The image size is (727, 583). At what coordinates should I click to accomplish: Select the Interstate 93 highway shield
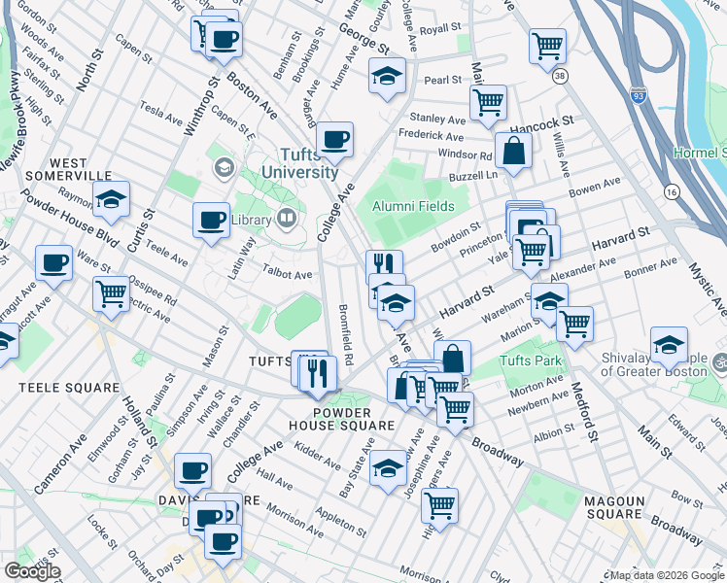click(x=638, y=94)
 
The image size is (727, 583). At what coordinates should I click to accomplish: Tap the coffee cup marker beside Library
click(x=211, y=220)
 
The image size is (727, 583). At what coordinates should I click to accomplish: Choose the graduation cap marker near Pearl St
click(x=387, y=76)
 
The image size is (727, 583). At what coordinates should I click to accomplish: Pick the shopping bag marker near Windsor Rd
click(x=512, y=151)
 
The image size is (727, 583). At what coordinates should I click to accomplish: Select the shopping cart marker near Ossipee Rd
click(x=112, y=292)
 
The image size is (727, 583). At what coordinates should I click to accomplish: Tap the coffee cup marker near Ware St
click(x=53, y=262)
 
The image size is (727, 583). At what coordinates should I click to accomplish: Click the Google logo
click(x=31, y=571)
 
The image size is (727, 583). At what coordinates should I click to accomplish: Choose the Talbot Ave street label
click(x=289, y=275)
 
